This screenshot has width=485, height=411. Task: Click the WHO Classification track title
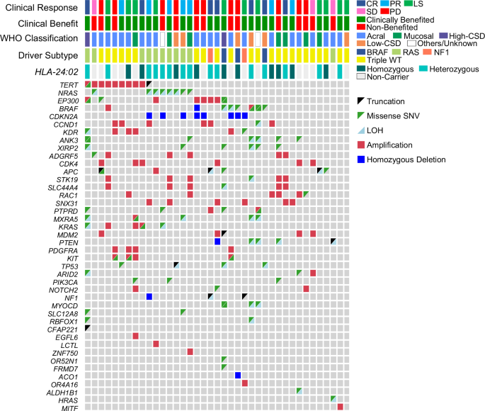pyautogui.click(x=40, y=38)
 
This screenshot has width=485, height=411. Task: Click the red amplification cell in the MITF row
pyautogui.click(x=341, y=407)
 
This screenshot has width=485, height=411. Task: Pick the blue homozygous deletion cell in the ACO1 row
pyautogui.click(x=239, y=375)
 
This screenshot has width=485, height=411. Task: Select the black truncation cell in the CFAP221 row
pyautogui.click(x=88, y=327)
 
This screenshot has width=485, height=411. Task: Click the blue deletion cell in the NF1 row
pyautogui.click(x=150, y=296)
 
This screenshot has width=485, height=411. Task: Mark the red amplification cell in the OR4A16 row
pyautogui.click(x=245, y=383)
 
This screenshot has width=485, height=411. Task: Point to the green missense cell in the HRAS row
pyautogui.click(x=333, y=399)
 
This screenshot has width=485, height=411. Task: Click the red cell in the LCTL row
pyautogui.click(x=156, y=344)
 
